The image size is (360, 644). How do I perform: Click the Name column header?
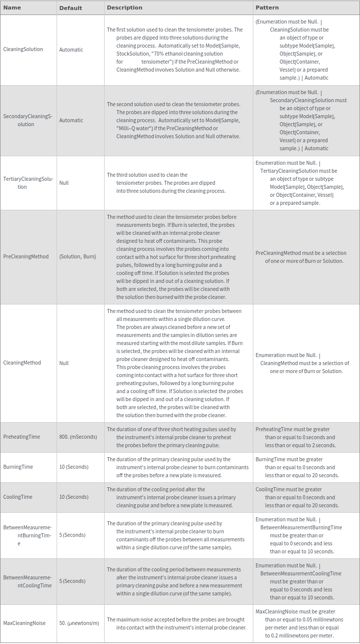pos(12,8)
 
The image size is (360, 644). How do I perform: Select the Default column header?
pos(71,8)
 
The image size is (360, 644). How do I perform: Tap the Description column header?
pos(125,8)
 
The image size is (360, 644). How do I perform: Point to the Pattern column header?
pos(267,8)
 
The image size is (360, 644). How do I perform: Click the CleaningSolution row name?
pos(23,49)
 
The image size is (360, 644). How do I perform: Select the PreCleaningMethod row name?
pos(26,256)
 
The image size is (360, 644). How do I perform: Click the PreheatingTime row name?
pos(22,437)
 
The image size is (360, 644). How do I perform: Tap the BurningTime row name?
pos(18,467)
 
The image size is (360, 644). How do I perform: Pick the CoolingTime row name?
pos(18,497)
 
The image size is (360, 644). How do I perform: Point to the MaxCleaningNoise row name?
pos(24,623)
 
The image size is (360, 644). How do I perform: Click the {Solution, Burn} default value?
pos(78,256)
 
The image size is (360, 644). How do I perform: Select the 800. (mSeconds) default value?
pos(78,437)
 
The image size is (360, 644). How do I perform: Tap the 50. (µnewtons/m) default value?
pos(79,623)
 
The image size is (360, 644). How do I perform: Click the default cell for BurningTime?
pos(74,467)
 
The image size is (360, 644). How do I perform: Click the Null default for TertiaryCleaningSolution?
pos(64,183)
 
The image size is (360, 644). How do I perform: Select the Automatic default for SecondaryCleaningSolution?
pos(71,120)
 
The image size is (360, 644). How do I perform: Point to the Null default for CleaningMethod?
pos(64,363)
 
